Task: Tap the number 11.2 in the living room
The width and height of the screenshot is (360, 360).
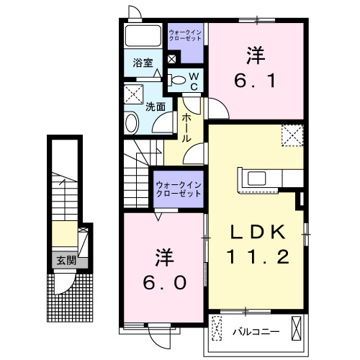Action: point(259,255)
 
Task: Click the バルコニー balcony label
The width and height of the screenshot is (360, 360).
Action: point(251,332)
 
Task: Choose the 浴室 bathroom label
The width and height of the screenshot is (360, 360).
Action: point(143,63)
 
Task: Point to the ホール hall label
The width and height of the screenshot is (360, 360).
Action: point(186,127)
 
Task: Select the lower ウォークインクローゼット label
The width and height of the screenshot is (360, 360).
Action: point(178,190)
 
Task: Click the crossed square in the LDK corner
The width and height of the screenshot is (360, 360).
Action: point(292,133)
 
